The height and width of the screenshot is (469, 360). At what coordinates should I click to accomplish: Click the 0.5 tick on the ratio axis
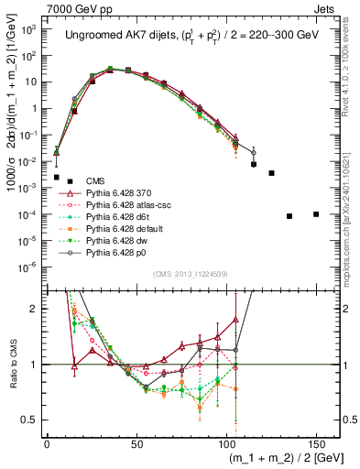pyautogui.click(x=30, y=420)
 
